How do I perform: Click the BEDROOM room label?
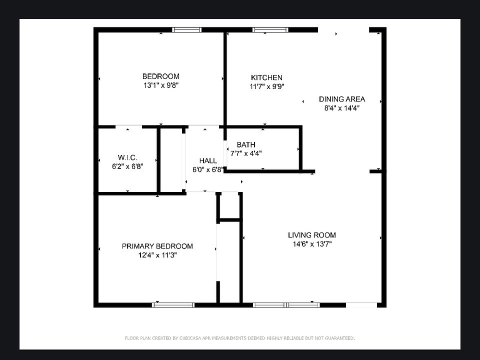tap(160, 76)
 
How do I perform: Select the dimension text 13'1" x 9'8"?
tap(160, 85)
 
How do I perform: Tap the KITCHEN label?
tap(266, 77)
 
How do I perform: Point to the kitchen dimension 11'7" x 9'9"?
tap(266, 86)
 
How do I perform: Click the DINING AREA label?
tap(342, 99)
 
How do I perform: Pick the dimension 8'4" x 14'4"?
tap(342, 107)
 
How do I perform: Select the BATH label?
tap(246, 145)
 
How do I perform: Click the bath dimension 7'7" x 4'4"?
tap(246, 153)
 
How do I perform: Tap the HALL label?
tap(208, 160)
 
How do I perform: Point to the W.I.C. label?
tap(127, 157)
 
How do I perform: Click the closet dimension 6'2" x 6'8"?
tap(127, 166)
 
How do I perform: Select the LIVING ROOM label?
tap(311, 235)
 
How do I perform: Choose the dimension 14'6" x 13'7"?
tap(311, 244)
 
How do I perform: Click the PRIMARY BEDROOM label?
tap(157, 246)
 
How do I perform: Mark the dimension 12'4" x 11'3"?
tap(157, 255)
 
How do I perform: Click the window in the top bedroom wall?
tap(187, 29)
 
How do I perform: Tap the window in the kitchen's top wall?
tap(270, 29)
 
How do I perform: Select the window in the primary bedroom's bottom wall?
tap(173, 304)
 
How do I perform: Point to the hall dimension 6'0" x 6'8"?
tap(208, 169)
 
